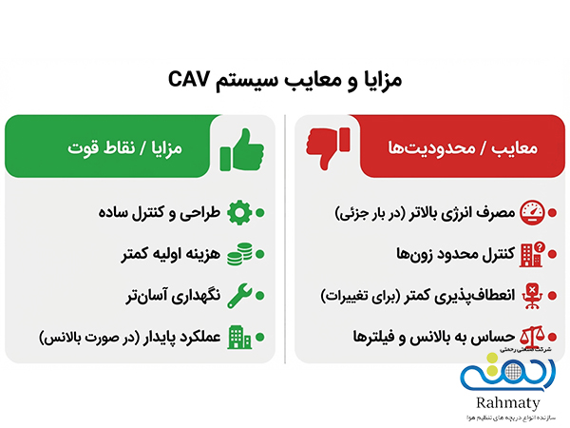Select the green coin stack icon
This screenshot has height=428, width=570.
pos(239,253)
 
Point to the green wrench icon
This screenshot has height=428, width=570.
pos(239,295)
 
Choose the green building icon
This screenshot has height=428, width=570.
pos(239,337)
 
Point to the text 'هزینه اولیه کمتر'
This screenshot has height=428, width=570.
pos(172,253)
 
